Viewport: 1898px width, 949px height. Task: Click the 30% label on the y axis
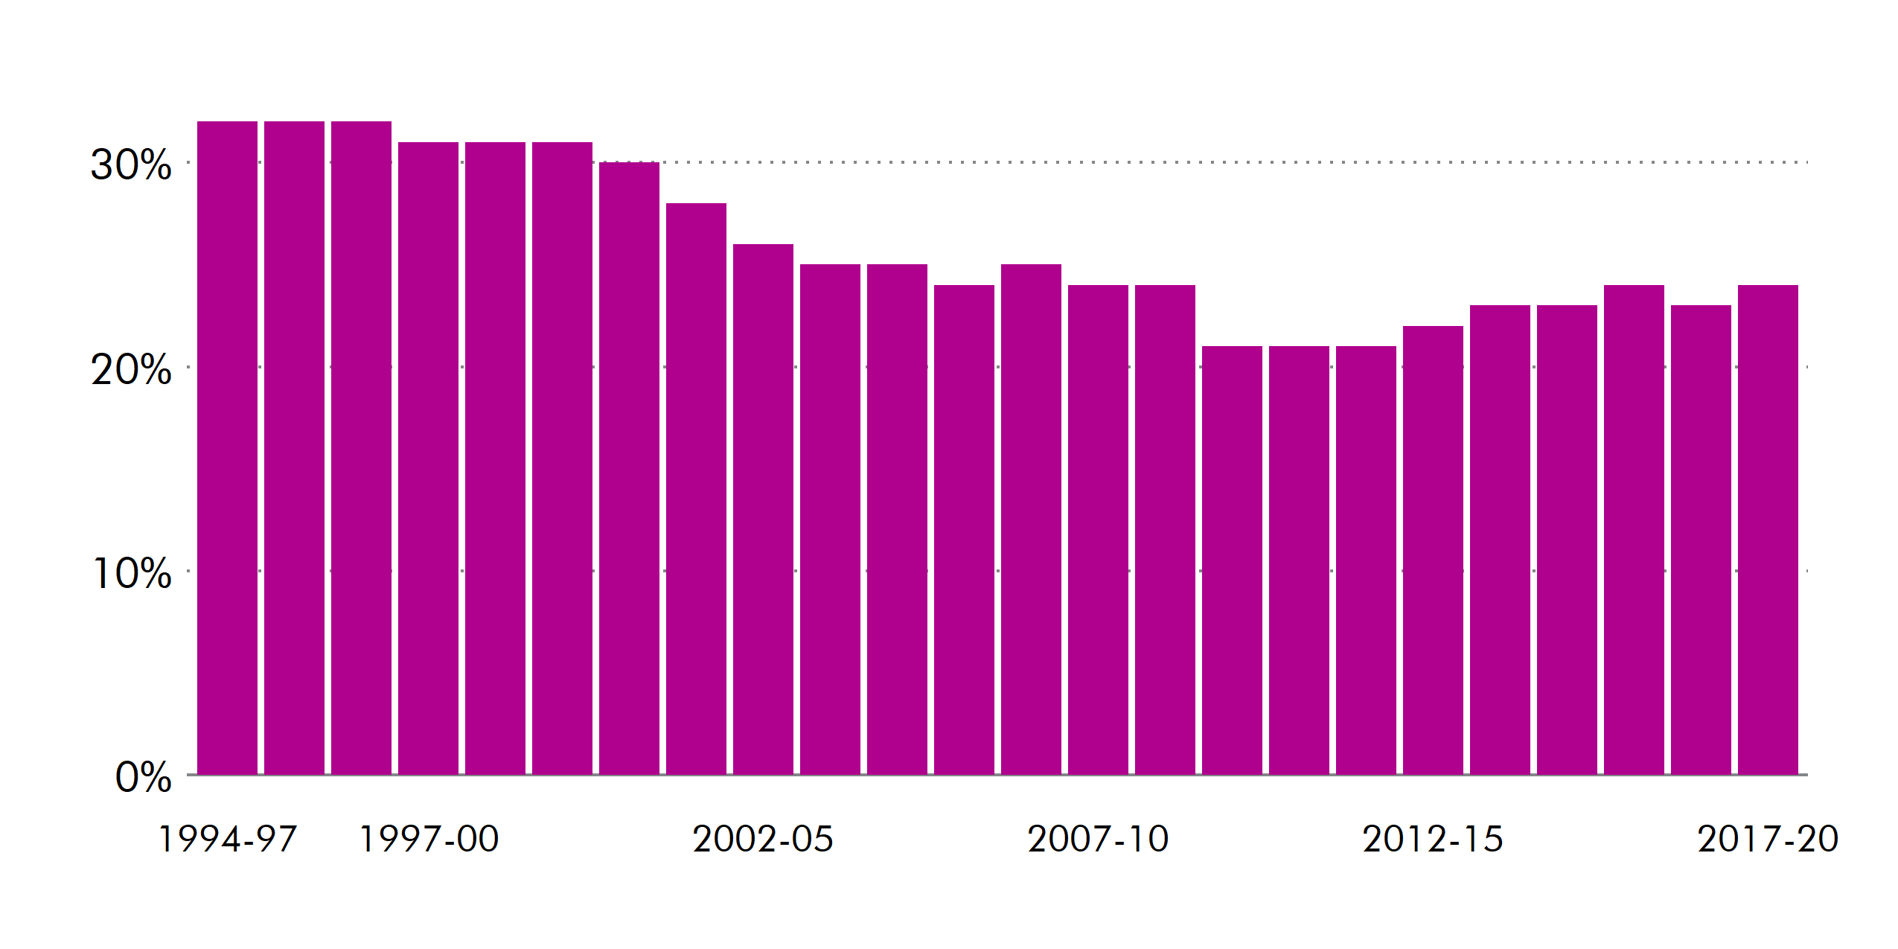(131, 164)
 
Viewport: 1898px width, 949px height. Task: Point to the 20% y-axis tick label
(131, 369)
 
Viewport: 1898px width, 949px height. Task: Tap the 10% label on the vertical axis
(132, 573)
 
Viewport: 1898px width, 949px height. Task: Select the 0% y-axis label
(143, 778)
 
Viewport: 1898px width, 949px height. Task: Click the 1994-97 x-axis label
(227, 840)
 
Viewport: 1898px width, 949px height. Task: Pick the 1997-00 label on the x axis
(428, 840)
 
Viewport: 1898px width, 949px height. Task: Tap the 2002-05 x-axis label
(763, 840)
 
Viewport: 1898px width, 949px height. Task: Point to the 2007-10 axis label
(1098, 840)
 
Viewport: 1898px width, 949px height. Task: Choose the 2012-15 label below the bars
(1433, 840)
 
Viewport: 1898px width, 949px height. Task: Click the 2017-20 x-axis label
(1768, 840)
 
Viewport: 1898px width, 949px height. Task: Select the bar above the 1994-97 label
(227, 447)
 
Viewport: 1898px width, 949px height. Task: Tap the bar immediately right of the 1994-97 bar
(294, 447)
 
